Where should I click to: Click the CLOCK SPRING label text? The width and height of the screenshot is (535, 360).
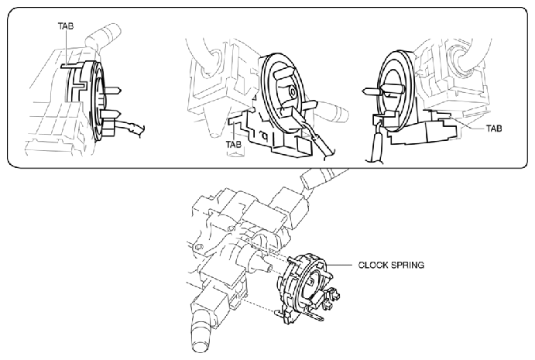pos(391,265)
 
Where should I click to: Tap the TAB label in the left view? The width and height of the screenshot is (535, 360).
pos(66,26)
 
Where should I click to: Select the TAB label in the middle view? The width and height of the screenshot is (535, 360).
pos(233,144)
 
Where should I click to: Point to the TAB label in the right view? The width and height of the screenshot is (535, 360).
pos(494,129)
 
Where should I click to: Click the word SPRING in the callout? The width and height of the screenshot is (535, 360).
pos(407,265)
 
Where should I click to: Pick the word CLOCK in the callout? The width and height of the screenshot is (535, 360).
pos(373,265)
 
